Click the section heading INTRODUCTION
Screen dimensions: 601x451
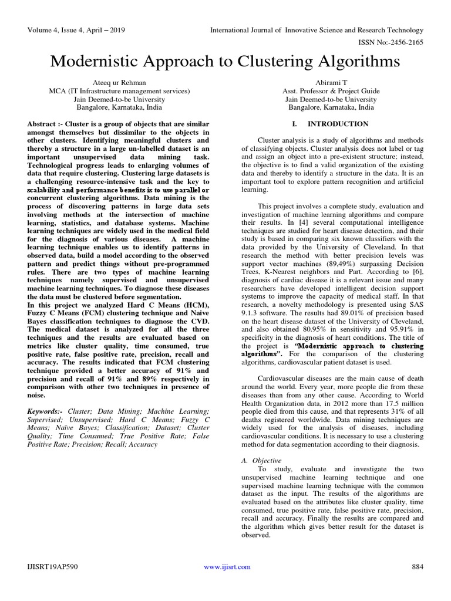pyautogui.click(x=338, y=124)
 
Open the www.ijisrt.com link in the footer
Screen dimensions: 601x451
pyautogui.click(x=227, y=566)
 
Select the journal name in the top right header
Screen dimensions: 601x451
pyautogui.click(x=317, y=30)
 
